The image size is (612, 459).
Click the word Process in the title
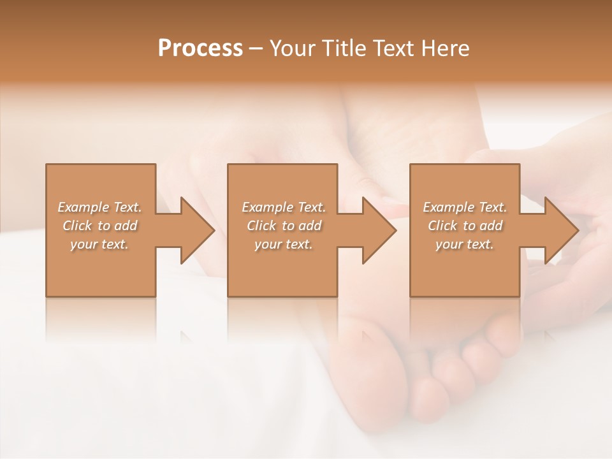click(200, 48)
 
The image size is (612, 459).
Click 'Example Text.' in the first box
click(99, 207)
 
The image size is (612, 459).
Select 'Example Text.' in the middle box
click(284, 207)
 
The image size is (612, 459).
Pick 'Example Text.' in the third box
click(465, 207)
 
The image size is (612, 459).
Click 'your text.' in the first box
click(99, 244)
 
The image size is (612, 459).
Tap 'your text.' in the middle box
click(284, 244)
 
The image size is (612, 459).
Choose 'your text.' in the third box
click(465, 244)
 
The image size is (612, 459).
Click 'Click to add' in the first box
click(99, 226)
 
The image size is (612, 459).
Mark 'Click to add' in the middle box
click(284, 226)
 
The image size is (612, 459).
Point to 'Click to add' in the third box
click(465, 226)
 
